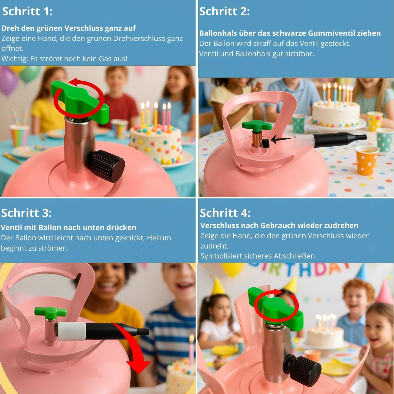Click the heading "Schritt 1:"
click(x=27, y=11)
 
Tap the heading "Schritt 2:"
click(x=224, y=11)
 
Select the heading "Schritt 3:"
click(x=26, y=213)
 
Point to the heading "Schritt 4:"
click(x=225, y=213)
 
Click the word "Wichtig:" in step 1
click(x=15, y=59)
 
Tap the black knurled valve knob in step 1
click(x=108, y=166)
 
